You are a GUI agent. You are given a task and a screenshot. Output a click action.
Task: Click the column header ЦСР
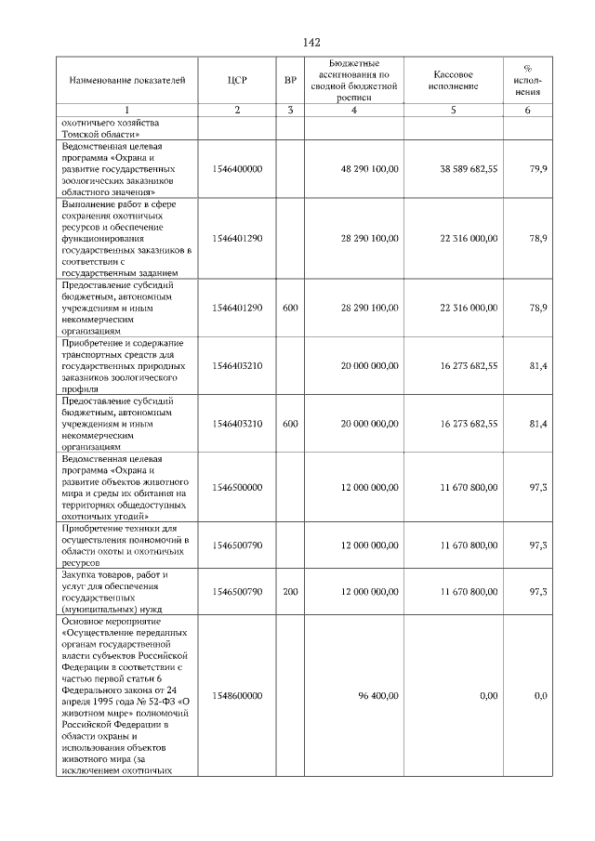[237, 82]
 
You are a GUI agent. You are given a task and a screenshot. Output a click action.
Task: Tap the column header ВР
[290, 82]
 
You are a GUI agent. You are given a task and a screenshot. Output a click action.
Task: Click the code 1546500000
[237, 487]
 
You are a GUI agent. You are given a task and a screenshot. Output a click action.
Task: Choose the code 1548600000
[237, 695]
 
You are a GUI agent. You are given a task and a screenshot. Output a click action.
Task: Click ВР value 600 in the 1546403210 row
[290, 423]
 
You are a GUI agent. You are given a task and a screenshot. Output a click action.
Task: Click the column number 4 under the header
[353, 111]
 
